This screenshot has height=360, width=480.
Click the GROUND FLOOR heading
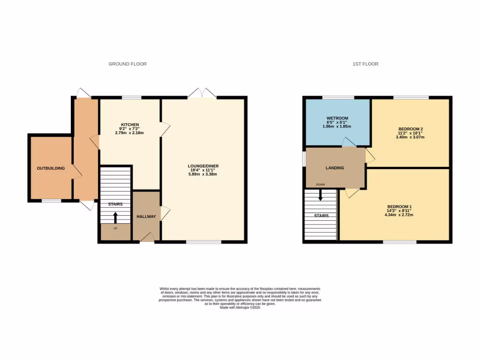[127, 64]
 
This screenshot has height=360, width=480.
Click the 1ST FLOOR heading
[365, 64]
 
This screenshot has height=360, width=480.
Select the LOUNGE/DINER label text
[203, 166]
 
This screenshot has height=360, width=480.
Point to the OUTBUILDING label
[51, 168]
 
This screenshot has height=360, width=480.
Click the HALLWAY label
[146, 217]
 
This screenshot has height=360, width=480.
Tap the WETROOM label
[336, 118]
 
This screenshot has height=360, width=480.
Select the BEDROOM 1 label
[399, 207]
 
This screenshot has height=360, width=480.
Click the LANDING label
[335, 168]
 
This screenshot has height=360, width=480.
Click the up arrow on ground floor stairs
[115, 217]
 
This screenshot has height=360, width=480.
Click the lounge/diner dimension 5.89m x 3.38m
[203, 174]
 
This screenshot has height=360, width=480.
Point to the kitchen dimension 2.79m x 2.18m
[129, 133]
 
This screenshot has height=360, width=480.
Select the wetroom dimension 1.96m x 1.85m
[336, 126]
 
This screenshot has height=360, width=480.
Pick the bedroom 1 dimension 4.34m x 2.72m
[399, 215]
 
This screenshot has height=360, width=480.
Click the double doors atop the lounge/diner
[202, 93]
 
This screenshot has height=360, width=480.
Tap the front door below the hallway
[147, 239]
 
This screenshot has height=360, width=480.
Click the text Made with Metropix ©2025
[240, 307]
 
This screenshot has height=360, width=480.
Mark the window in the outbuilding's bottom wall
[51, 201]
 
